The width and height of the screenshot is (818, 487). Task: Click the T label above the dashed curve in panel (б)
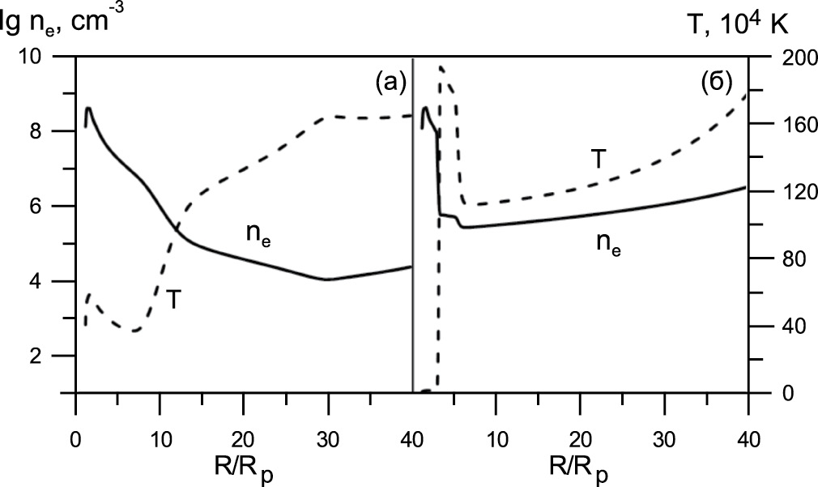coord(597,160)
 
